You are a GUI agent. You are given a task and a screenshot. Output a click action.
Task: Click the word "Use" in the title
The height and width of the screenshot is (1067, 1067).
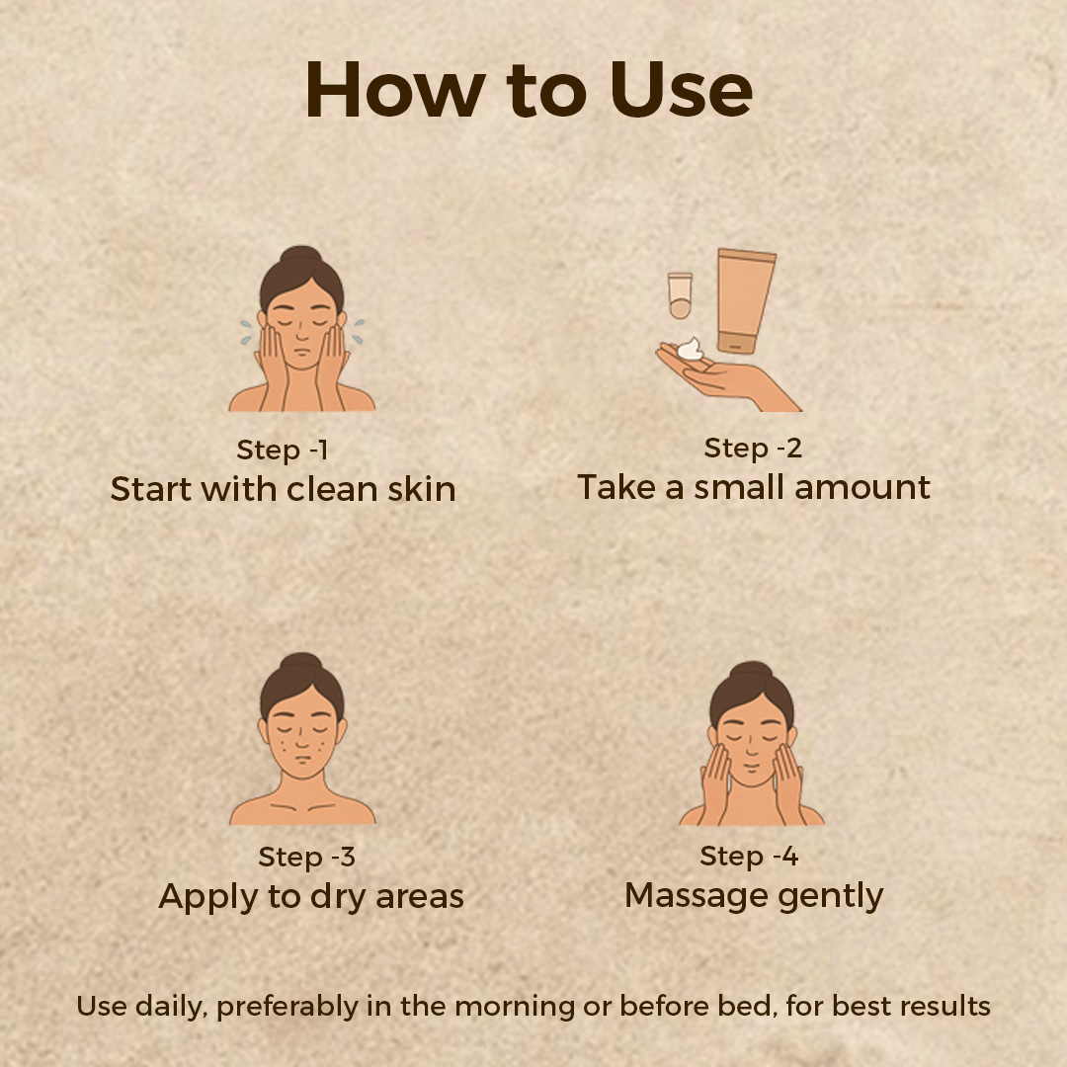tap(681, 90)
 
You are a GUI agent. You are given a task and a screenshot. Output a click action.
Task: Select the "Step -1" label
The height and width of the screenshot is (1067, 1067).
tap(283, 451)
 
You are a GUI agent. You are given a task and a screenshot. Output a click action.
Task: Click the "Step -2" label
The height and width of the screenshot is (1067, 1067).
tap(753, 449)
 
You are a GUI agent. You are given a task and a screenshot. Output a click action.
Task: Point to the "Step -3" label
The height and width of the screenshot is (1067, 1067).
tap(307, 858)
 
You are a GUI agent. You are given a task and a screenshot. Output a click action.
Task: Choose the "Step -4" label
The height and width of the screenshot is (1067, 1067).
tap(749, 856)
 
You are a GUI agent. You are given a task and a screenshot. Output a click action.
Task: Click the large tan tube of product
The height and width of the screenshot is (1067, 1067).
tap(745, 300)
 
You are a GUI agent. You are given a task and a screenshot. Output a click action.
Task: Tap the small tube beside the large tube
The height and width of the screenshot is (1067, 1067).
tap(680, 295)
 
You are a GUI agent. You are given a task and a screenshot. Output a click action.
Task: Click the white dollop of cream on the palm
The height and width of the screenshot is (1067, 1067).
tap(690, 349)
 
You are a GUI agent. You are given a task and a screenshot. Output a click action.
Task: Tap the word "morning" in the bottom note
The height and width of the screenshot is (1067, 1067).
tap(515, 1007)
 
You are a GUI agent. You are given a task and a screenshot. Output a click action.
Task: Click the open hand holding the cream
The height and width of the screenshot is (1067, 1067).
tap(727, 376)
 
